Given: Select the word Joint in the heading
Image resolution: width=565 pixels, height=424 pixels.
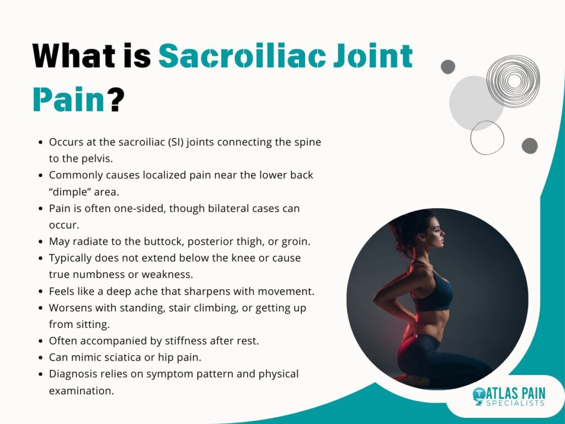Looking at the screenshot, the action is (373, 56).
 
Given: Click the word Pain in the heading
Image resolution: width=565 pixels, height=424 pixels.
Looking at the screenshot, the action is (69, 99).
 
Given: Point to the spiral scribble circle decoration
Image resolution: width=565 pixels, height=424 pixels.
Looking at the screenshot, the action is (513, 81).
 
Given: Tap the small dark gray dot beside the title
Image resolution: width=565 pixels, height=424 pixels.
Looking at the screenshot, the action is (448, 67).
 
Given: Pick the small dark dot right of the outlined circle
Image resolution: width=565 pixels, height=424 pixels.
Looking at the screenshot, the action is (530, 146).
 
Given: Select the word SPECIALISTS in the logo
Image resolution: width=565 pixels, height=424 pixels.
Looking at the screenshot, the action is (515, 403).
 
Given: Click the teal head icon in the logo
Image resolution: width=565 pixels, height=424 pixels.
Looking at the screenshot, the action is (479, 396).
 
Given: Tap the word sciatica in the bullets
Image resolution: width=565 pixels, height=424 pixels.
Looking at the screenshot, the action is (122, 357).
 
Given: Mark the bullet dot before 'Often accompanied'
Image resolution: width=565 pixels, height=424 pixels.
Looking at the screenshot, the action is (41, 341).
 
